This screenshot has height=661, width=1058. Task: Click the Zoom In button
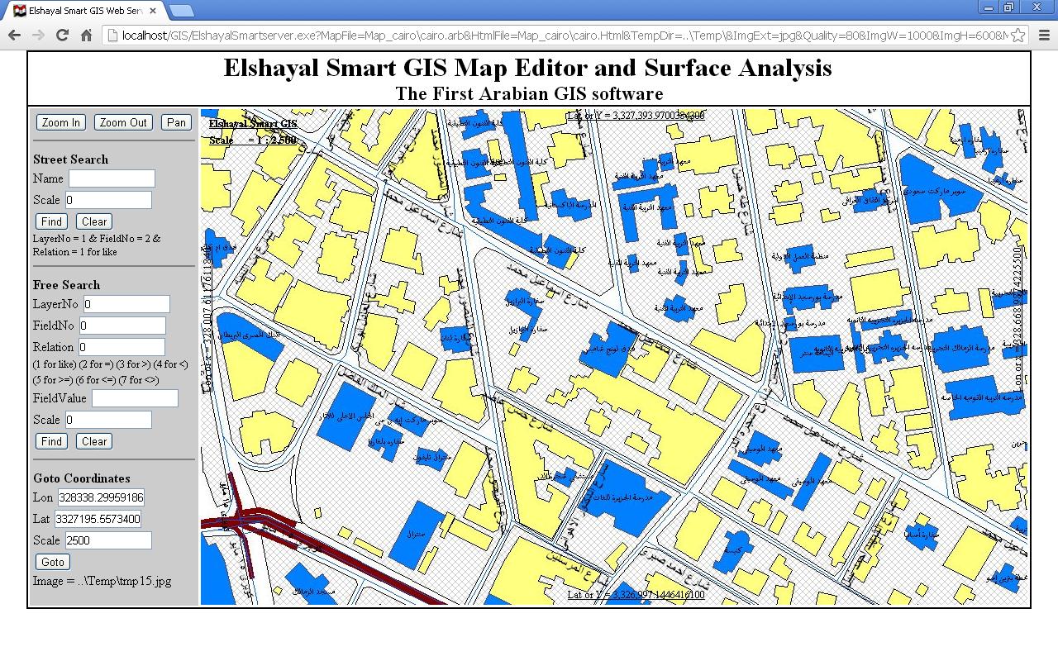(61, 122)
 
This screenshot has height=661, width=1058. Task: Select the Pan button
(176, 122)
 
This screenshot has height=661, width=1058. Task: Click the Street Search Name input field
(112, 178)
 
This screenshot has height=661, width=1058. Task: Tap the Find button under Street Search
(51, 221)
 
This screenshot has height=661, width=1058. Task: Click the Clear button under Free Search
(94, 441)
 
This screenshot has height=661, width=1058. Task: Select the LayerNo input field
(126, 304)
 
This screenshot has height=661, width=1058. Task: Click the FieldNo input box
(122, 326)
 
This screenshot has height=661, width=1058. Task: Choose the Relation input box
(122, 347)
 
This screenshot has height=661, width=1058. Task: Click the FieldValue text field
(135, 398)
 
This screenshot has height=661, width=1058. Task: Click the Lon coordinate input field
(100, 497)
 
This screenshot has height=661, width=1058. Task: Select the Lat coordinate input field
(98, 519)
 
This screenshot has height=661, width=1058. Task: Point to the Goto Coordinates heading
(82, 478)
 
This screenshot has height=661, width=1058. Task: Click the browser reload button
(62, 35)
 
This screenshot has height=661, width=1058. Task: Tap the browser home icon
(86, 35)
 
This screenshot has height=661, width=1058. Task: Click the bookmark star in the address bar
(1018, 35)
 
